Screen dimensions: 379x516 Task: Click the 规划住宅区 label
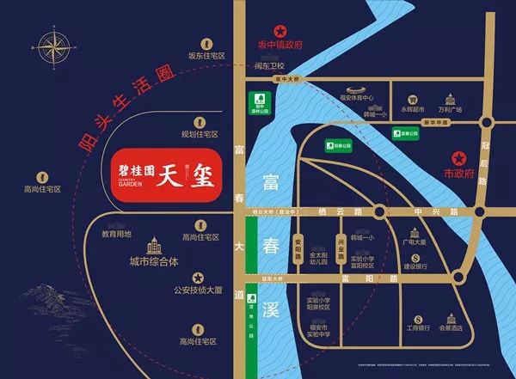coord(202,134)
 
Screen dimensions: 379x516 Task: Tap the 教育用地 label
coord(116,234)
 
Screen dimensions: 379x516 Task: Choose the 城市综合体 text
coord(153,261)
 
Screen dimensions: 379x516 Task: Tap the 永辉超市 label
coord(413,110)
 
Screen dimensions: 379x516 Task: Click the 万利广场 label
coord(453,110)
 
